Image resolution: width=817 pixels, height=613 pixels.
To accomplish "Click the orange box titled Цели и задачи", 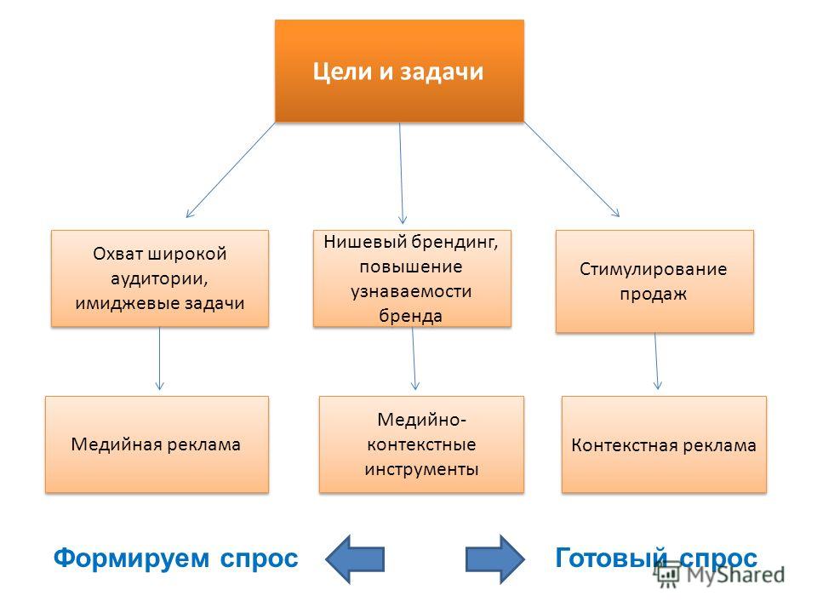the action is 400,71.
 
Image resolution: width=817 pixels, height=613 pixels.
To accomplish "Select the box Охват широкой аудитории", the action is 160,278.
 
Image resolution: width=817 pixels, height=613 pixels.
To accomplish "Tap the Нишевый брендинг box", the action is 412,278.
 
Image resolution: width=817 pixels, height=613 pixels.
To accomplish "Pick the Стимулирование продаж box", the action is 654,281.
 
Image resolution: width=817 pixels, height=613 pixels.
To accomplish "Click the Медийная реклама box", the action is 157,444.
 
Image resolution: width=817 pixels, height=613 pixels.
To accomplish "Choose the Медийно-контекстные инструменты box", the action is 421,444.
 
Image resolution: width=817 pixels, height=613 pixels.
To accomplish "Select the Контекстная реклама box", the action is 664,444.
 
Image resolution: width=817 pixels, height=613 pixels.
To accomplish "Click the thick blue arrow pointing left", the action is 355,559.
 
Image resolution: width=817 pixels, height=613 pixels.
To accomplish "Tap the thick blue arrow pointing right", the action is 495,559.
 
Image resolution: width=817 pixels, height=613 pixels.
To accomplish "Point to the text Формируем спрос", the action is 175,559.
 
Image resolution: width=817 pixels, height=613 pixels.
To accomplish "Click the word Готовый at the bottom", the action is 611,558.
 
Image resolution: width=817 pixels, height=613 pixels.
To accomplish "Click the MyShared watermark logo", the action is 720,575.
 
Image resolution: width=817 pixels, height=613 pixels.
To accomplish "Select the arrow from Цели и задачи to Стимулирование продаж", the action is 572,169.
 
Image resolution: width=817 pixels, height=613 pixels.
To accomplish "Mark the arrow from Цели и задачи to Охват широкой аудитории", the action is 231,170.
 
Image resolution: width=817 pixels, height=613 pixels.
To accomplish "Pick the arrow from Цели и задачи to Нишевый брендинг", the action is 401,173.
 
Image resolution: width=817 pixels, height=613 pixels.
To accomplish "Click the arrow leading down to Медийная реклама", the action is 159,358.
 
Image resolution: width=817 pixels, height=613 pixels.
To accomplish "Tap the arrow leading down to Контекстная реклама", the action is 656,361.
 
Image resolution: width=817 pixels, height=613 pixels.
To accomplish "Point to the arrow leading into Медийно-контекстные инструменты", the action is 414,358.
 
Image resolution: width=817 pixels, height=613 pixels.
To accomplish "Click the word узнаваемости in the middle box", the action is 411,291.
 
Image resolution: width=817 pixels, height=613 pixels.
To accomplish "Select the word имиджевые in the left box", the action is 119,303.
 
